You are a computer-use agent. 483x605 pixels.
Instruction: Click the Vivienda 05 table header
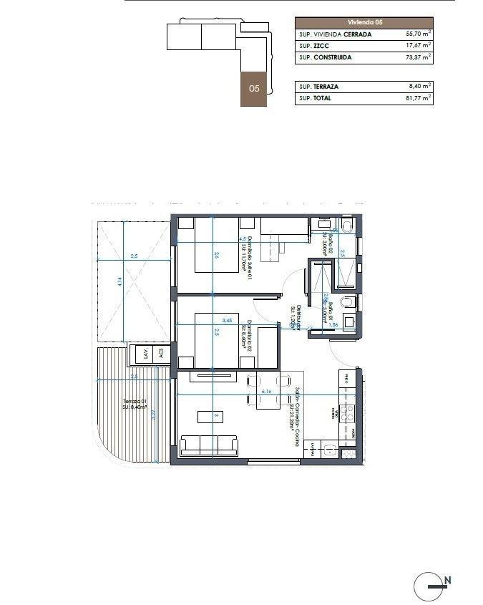364,22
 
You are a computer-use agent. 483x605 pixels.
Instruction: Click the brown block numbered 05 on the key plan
254,89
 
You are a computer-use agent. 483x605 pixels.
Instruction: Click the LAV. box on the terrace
145,354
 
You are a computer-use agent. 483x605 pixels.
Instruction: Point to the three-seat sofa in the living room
210,445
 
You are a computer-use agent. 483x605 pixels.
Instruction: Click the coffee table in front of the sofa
215,417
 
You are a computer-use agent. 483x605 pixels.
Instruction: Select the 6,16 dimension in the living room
267,392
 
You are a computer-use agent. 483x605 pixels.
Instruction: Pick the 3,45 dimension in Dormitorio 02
228,320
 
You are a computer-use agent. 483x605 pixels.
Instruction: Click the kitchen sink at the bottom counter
331,450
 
